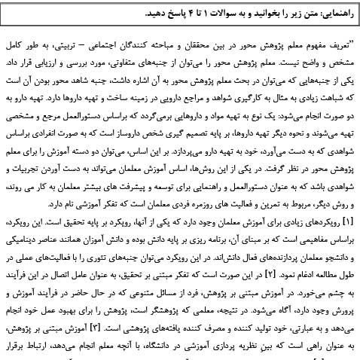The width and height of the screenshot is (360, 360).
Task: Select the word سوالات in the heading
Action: pos(229,14)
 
